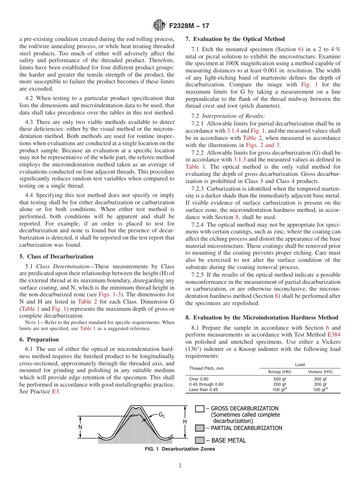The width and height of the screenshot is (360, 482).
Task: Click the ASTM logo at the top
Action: tap(159, 25)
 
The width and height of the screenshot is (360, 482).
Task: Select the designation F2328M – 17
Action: tap(188, 26)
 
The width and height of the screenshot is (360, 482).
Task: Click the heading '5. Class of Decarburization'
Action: tap(56, 256)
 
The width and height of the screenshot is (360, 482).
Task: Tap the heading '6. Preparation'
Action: tap(39, 339)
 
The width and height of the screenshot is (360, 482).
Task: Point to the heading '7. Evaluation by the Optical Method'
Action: tap(235, 39)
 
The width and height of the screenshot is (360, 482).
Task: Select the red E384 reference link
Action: tap(333, 335)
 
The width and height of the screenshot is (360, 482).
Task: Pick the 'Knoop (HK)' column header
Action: tap(279, 372)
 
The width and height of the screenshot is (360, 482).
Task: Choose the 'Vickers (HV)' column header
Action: tap(320, 372)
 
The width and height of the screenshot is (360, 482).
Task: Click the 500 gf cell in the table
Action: tap(279, 379)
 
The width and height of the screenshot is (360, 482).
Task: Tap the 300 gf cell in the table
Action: tap(320, 379)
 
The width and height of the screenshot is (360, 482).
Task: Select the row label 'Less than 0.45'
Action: tap(203, 390)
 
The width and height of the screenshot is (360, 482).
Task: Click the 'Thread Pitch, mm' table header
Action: tap(206, 368)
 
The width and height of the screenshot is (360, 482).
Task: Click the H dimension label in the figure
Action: tap(185, 421)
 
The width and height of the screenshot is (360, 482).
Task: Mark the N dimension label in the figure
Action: tap(80, 426)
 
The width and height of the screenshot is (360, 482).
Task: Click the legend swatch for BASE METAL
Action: tap(200, 440)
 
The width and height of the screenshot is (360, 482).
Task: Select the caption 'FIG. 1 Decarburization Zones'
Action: tap(180, 449)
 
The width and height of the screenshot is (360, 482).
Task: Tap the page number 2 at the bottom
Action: tap(180, 466)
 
